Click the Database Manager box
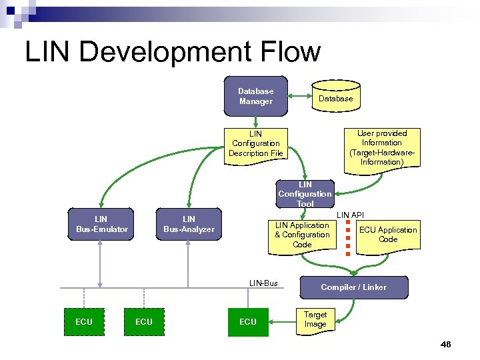tap(256, 96)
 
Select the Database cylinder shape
tap(335, 97)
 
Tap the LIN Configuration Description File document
tap(256, 143)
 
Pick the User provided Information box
tap(381, 147)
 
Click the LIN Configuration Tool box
tap(305, 194)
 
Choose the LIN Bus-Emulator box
tap(101, 224)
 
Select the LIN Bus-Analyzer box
tap(189, 224)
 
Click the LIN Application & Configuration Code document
tap(302, 235)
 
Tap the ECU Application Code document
tap(387, 235)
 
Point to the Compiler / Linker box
tap(353, 287)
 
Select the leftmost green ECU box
tap(84, 321)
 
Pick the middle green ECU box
tap(144, 321)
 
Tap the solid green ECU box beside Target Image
tap(247, 321)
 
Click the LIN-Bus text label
tap(263, 283)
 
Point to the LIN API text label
tap(350, 215)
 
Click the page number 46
tap(446, 345)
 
